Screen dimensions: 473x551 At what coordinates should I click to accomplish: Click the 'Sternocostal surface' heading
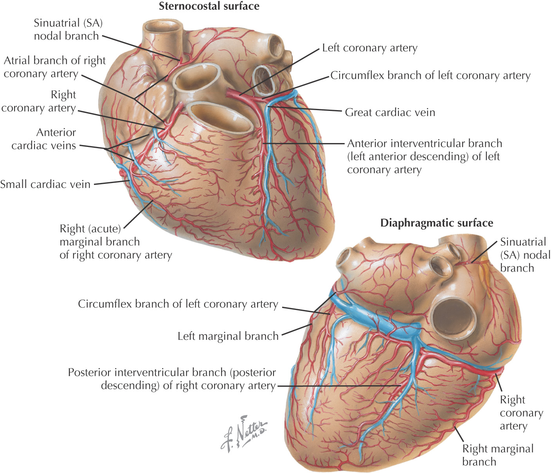click(x=209, y=6)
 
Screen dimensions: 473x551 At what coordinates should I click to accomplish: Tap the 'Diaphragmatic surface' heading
click(x=436, y=223)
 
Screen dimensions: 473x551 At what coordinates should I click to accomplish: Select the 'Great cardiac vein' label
click(x=390, y=112)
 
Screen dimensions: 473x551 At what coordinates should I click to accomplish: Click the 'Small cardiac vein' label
click(x=45, y=184)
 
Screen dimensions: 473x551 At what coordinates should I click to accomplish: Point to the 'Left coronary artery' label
click(x=369, y=48)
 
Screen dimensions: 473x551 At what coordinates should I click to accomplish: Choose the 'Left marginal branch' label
click(x=228, y=336)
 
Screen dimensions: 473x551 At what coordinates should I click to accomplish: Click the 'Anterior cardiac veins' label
click(x=43, y=139)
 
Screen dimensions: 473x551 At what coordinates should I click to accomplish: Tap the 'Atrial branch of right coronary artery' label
click(x=55, y=67)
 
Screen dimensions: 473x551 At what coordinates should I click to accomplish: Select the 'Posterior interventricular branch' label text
click(x=172, y=379)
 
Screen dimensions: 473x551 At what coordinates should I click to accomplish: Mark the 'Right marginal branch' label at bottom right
click(x=498, y=455)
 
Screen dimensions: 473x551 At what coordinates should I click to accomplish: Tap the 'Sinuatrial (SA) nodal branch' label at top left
click(x=68, y=29)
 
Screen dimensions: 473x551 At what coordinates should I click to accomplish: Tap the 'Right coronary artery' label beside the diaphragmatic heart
click(x=521, y=413)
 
